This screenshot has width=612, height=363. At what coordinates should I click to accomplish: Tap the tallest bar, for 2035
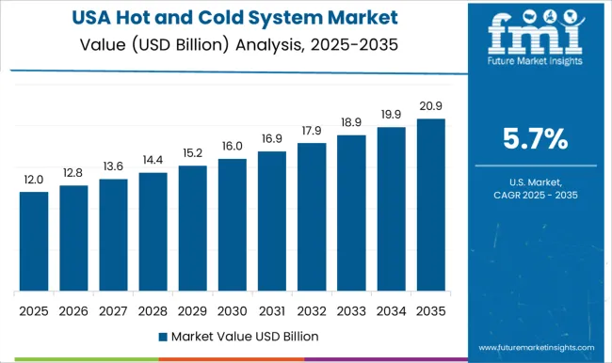coord(429,204)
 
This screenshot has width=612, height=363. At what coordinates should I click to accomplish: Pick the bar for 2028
coord(153,231)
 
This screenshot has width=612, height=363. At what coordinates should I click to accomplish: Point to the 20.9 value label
coord(429,105)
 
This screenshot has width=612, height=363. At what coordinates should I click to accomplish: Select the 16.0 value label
coord(232,146)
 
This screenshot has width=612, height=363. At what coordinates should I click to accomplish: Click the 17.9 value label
coord(311,130)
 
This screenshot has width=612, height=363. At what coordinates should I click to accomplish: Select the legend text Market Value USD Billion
coord(245,336)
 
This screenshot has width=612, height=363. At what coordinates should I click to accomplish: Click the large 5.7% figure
coord(536,139)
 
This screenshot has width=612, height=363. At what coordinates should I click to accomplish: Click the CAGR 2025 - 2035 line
coord(536,195)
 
